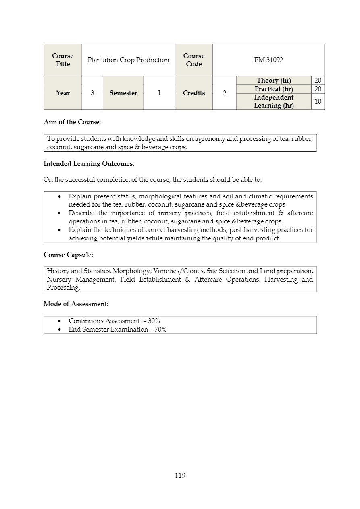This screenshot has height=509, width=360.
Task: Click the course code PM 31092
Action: pos(268,60)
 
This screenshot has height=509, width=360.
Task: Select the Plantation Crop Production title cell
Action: pos(128,60)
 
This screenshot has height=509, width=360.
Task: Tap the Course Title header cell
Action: pos(62,60)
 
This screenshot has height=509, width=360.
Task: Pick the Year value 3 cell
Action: pos(92,93)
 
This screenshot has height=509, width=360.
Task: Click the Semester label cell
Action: pos(123,93)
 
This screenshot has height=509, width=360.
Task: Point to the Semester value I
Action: pos(159,93)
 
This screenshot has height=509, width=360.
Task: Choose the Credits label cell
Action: pos(194,93)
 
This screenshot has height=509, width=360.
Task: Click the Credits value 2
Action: pos(225,93)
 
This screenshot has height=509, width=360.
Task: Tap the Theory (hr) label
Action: pos(274,81)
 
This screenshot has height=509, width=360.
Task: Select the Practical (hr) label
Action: pos(274,89)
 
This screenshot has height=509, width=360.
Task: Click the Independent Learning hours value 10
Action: pos(318,101)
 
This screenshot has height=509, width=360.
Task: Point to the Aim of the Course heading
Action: pos(72,122)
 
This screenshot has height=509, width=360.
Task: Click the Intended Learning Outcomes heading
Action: pos(89,163)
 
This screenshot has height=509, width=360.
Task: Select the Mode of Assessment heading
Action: pos(76,304)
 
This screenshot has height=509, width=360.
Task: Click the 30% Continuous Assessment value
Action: pos(154,321)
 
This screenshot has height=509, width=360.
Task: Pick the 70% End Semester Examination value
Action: pos(161,329)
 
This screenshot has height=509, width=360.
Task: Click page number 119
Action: pos(180,475)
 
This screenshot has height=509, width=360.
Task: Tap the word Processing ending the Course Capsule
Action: pos(63,288)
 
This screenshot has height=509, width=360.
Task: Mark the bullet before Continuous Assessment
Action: pos(60,321)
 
